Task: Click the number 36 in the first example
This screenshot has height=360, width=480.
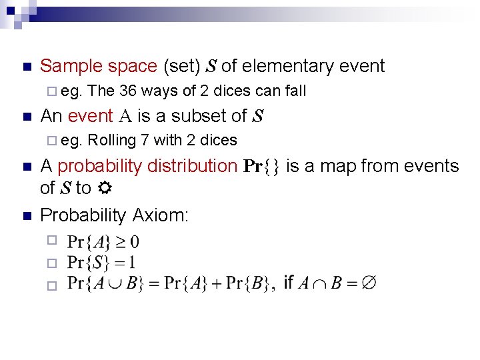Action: (129, 91)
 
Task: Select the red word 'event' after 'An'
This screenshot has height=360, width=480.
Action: (90, 116)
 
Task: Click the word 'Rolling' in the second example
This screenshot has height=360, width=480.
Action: (112, 140)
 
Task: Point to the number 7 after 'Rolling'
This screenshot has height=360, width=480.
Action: (145, 140)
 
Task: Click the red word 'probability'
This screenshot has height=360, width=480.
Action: (99, 166)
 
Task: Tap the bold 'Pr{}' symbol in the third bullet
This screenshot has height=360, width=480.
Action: (261, 167)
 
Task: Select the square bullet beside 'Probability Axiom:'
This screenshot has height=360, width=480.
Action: (26, 216)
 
